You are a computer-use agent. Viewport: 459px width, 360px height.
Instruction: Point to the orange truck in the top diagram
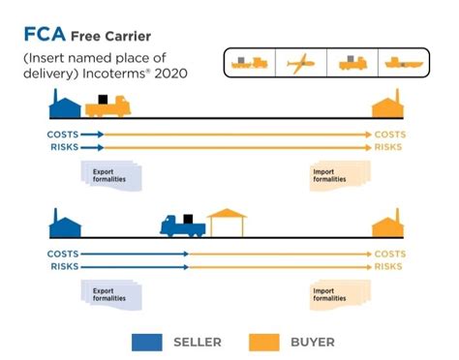pyautogui.click(x=107, y=105)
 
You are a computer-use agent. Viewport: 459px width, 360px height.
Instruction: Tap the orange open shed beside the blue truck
pyautogui.click(x=227, y=223)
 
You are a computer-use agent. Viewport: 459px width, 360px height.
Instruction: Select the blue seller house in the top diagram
pyautogui.click(x=66, y=104)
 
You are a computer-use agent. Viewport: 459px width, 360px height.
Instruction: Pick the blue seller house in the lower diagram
pyautogui.click(x=66, y=225)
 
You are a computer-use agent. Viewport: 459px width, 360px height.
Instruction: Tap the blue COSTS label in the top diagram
pyautogui.click(x=63, y=135)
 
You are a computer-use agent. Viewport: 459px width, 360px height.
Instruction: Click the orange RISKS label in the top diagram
pyautogui.click(x=388, y=147)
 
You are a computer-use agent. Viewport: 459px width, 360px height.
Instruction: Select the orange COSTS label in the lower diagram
pyautogui.click(x=389, y=254)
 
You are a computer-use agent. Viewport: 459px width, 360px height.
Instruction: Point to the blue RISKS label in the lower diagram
pyautogui.click(x=63, y=266)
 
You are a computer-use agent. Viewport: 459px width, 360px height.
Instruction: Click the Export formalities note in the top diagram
pyautogui.click(x=110, y=176)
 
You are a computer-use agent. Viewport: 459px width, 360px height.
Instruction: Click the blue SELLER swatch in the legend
pyautogui.click(x=146, y=342)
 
